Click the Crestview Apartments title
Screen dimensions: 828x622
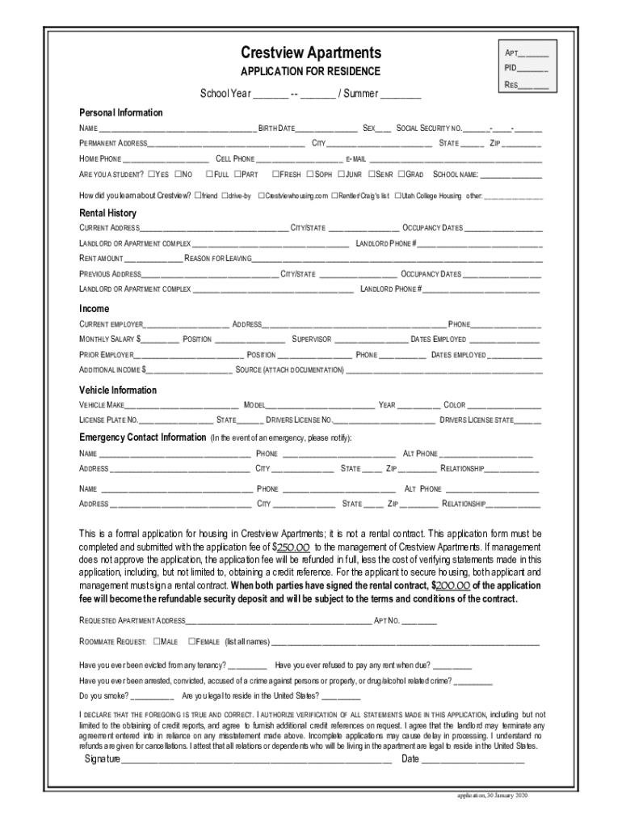coord(311,53)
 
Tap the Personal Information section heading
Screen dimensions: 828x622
coord(120,112)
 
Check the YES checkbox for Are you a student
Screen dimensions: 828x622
coord(152,174)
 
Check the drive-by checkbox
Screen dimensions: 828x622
coord(225,196)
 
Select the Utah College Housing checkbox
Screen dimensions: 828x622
coord(397,196)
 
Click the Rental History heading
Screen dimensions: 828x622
coord(107,213)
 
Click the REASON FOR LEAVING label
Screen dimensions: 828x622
coord(217,259)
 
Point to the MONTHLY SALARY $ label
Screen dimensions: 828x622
coord(110,340)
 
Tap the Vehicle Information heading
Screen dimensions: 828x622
coord(117,391)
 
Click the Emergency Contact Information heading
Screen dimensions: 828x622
coord(142,437)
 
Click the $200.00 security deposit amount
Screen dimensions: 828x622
coord(451,585)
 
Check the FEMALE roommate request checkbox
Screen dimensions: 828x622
coord(191,641)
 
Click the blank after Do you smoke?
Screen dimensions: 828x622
coord(152,695)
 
